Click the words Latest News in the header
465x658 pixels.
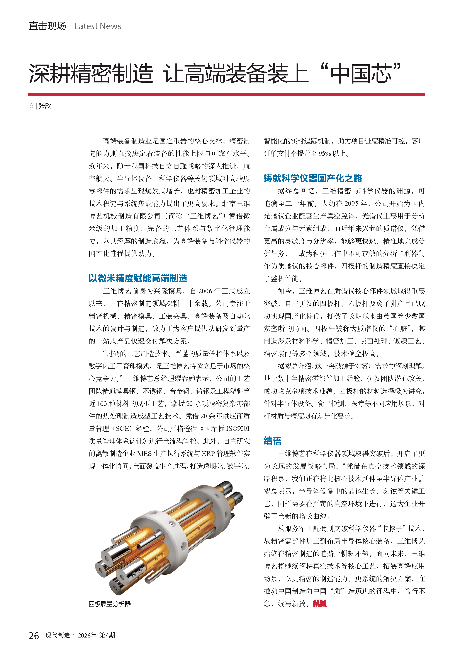(98, 26)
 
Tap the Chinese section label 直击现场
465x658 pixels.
(47, 26)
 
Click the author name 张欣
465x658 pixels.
(45, 106)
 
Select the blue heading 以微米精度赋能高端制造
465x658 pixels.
(138, 278)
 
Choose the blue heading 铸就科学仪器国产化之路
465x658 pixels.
(313, 178)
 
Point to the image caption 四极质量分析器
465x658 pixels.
(110, 604)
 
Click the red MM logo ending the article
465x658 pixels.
(319, 603)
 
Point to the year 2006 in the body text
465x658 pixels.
(205, 291)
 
